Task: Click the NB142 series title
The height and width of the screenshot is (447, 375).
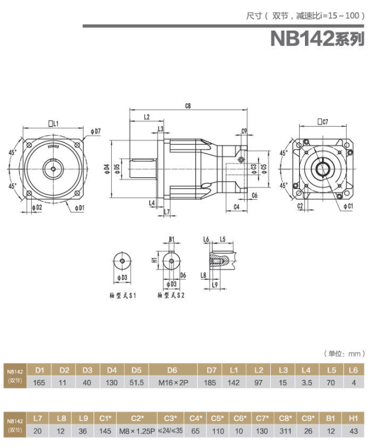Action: click(x=317, y=38)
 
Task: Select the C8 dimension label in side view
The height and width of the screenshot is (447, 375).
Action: click(x=188, y=106)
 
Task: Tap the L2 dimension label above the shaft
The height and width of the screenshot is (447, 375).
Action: click(x=146, y=117)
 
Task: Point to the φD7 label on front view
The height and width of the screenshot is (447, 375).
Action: click(x=97, y=130)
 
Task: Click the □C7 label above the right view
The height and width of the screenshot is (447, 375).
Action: click(x=322, y=121)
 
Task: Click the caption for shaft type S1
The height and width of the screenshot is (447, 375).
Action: click(x=122, y=294)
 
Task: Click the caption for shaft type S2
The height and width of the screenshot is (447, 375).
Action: click(x=171, y=294)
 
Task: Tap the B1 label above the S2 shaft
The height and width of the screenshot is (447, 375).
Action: click(x=171, y=239)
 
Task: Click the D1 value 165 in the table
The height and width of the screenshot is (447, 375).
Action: click(x=40, y=383)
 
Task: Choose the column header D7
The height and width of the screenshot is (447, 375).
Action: click(x=212, y=370)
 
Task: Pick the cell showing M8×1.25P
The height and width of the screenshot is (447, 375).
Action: click(x=137, y=431)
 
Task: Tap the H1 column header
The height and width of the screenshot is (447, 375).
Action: click(x=353, y=418)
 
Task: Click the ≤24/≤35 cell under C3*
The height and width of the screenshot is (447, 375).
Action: click(x=171, y=431)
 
